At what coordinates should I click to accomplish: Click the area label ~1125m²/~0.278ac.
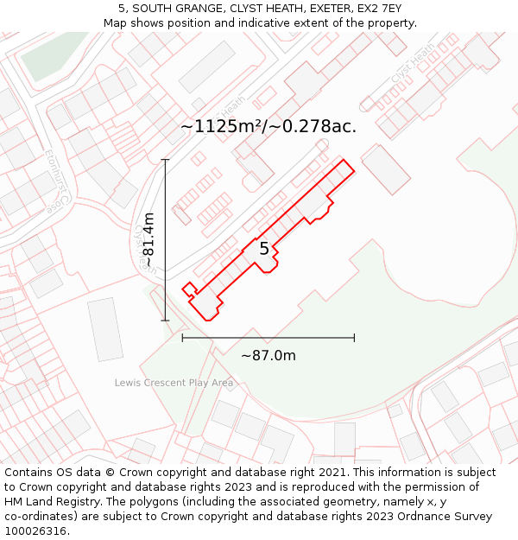coord(268,126)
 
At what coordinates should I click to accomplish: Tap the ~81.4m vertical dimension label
coord(148,239)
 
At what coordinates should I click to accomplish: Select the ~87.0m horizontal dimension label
coord(268,356)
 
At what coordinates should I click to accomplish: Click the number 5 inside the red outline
coord(264,249)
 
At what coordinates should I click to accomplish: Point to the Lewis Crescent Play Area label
coord(174,383)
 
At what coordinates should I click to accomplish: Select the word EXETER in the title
coord(317,9)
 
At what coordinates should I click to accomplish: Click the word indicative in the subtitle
coord(256,23)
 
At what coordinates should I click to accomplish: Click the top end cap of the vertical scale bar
coord(165,159)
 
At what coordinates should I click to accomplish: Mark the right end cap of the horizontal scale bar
coord(354,338)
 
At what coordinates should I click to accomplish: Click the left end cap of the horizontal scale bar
coord(182,338)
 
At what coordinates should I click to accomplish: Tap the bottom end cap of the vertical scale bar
coord(165,321)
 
